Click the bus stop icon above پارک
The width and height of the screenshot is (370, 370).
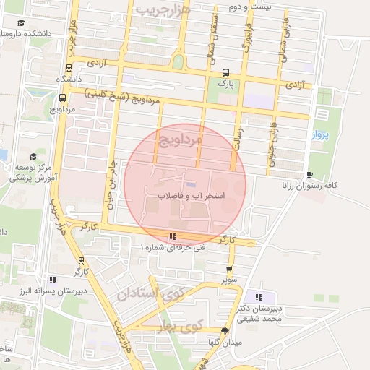pyautogui.click(x=225, y=72)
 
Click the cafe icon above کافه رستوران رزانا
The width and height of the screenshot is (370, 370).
pyautogui.click(x=310, y=174)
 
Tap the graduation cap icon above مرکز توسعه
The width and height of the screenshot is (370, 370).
pyautogui.click(x=32, y=156)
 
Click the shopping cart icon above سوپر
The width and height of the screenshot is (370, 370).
pyautogui.click(x=229, y=268)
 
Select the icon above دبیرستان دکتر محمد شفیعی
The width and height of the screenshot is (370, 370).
pyautogui.click(x=259, y=297)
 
